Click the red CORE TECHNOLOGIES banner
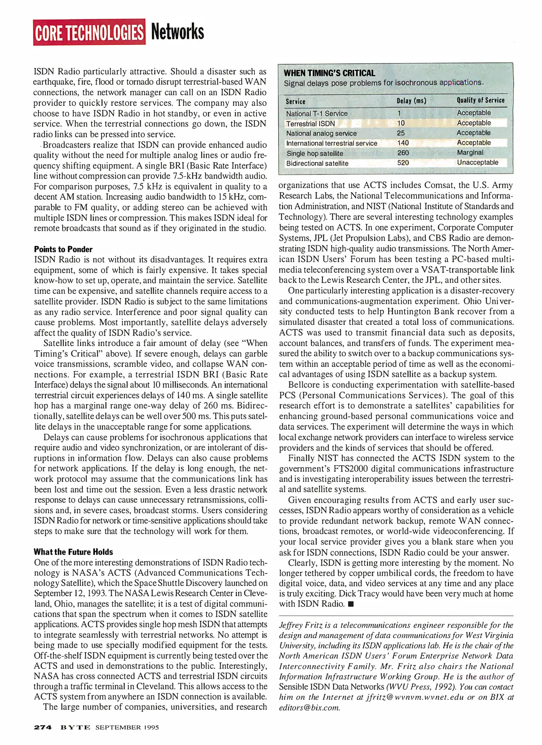[89, 32]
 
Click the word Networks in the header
[177, 32]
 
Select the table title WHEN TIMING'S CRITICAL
[329, 73]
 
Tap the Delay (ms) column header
[411, 101]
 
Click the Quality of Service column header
[480, 100]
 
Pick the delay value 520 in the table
[403, 163]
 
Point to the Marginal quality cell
[470, 152]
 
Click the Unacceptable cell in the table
[478, 162]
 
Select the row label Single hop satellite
[314, 153]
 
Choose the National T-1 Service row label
[317, 113]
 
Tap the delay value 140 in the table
[403, 143]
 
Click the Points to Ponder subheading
[63, 249]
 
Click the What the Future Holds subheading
[73, 552]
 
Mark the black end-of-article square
[351, 604]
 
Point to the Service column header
[295, 101]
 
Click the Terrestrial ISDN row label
[310, 123]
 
